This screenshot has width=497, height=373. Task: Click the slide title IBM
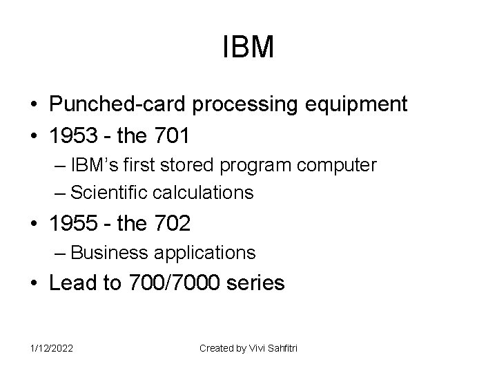(x=249, y=48)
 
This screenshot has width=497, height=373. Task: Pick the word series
(x=258, y=284)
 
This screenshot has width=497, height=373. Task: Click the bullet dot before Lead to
(x=34, y=284)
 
